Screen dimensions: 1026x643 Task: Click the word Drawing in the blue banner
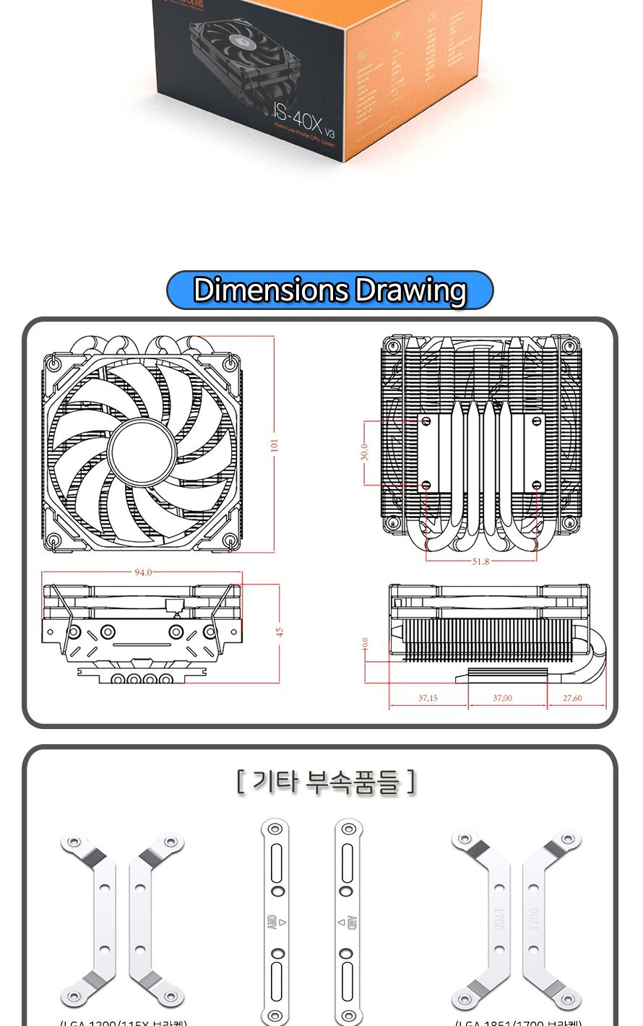pyautogui.click(x=411, y=290)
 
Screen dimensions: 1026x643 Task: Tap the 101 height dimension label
pyautogui.click(x=275, y=444)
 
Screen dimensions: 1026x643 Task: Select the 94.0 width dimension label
pyautogui.click(x=143, y=572)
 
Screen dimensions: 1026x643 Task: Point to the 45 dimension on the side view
pyautogui.click(x=280, y=631)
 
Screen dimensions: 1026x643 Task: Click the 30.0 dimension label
pyautogui.click(x=365, y=452)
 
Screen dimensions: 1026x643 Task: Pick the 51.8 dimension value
pyautogui.click(x=480, y=561)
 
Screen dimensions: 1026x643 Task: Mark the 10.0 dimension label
pyautogui.click(x=366, y=643)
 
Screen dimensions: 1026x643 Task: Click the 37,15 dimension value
pyautogui.click(x=428, y=698)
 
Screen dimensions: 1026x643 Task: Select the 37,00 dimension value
pyautogui.click(x=503, y=698)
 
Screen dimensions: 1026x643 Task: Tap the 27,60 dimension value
pyautogui.click(x=572, y=698)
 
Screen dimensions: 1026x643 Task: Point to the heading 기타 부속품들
pyautogui.click(x=326, y=782)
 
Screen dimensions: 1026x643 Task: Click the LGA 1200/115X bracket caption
pyautogui.click(x=123, y=1022)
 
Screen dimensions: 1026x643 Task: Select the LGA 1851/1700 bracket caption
pyautogui.click(x=518, y=1022)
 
